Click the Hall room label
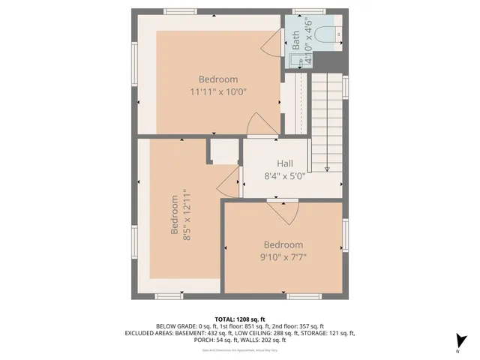click(285, 163)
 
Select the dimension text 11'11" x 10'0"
click(218, 91)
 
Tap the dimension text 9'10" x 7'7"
click(283, 257)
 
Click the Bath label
click(295, 38)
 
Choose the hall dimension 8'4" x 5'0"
click(285, 177)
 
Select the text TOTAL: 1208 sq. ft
click(240, 319)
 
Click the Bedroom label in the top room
click(218, 79)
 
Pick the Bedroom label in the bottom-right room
click(283, 245)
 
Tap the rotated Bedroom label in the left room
click(175, 215)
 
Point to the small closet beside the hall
click(223, 153)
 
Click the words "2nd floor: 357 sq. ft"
click(295, 326)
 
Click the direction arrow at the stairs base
click(328, 168)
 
